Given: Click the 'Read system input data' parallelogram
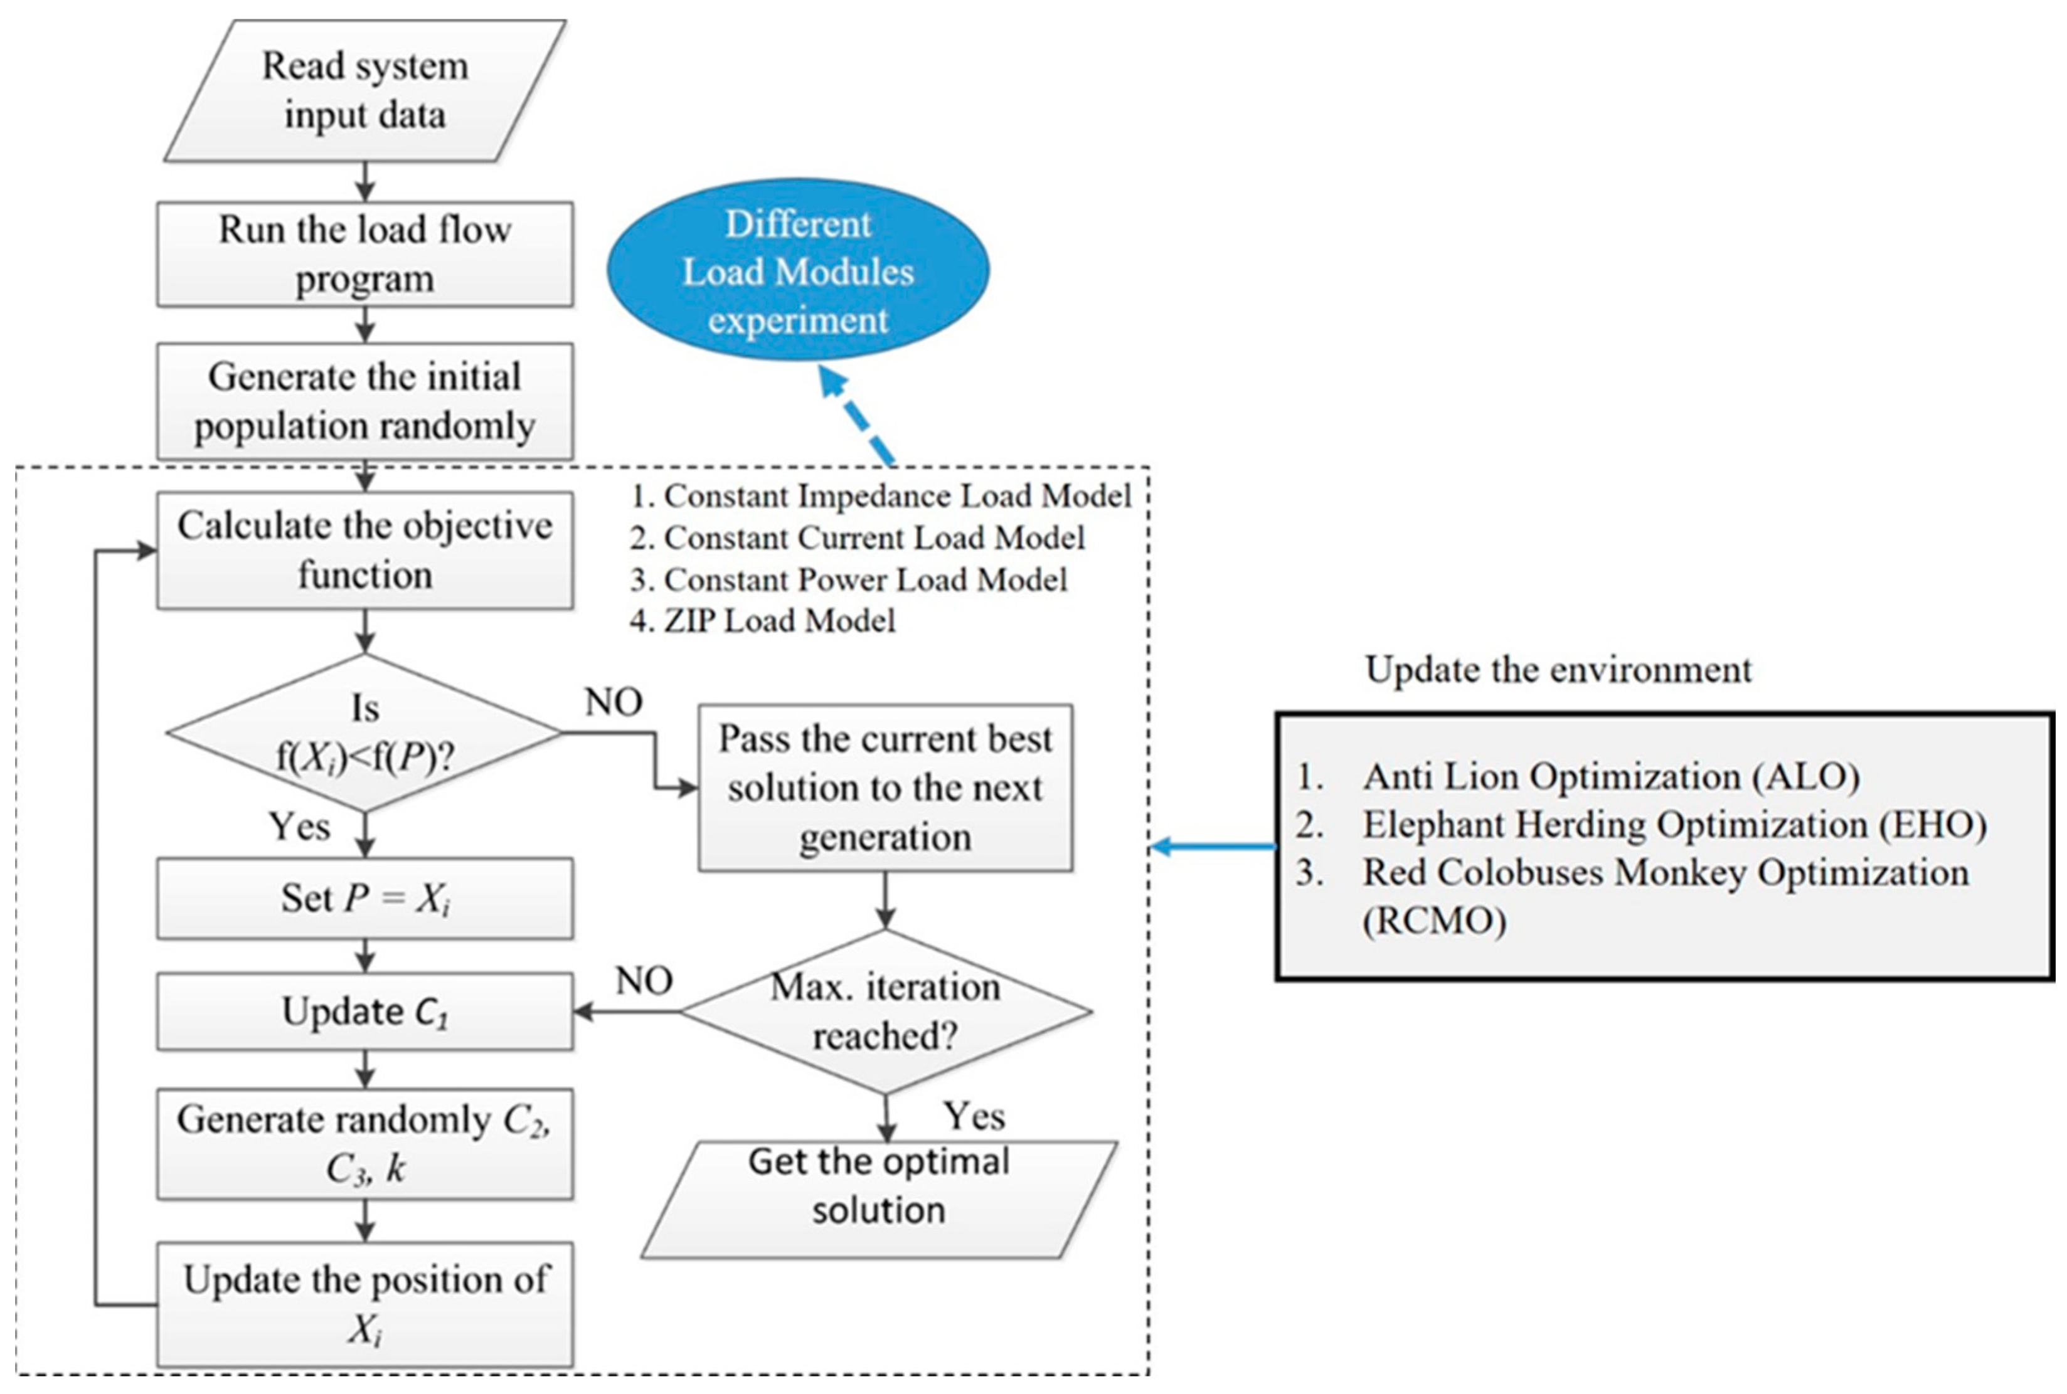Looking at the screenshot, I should pos(364,91).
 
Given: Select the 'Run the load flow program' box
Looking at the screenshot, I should pos(364,254).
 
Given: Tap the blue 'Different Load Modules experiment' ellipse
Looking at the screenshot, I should pos(798,270).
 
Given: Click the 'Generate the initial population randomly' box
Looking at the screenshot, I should pos(364,401).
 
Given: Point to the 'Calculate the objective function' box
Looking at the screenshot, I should pos(364,551).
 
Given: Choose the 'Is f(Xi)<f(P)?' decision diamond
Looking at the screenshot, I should pos(364,734).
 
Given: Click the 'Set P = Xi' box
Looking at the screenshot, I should pos(364,898).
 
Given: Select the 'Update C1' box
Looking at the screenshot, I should pos(364,1011).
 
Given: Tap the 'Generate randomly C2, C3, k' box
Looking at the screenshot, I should pos(364,1144).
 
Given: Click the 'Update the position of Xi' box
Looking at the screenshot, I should pos(364,1304).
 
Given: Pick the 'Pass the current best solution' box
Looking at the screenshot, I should pos(885,788).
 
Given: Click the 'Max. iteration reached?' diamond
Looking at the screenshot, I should pos(885,1011).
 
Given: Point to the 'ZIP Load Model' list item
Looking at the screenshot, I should pos(762,621).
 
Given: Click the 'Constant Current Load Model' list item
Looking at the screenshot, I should pos(858,538).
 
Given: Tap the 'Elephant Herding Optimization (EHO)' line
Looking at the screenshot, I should pos(1641,825).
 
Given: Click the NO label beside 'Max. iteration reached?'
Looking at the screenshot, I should pos(644,981).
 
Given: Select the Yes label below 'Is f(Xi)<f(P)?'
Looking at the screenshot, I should pos(300,826).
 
